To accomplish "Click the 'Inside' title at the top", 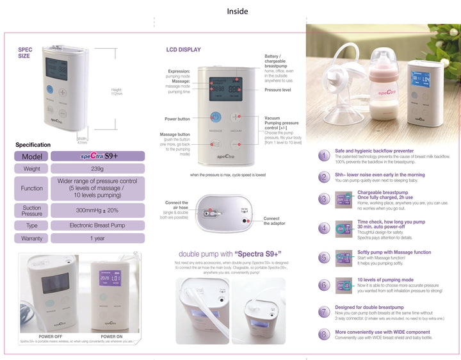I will tap(237, 11).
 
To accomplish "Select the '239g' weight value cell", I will tap(97, 169).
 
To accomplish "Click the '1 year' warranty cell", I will tap(97, 238).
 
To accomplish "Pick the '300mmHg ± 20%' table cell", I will tap(97, 211).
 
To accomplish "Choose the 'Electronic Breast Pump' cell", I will tap(97, 225).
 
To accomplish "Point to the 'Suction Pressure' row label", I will tap(31, 211).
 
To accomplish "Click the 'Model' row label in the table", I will tap(31, 156).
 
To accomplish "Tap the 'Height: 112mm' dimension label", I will tap(116, 92).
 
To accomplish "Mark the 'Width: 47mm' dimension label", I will tap(82, 140).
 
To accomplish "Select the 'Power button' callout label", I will tap(177, 119).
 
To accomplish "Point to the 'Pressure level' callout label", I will tap(278, 90).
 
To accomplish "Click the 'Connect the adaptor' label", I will tap(271, 221).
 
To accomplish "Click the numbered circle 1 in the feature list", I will tap(325, 156).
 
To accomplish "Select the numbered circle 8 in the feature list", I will tap(325, 334).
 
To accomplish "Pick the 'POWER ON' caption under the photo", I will tap(112, 336).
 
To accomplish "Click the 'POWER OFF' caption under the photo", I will tap(51, 336).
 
